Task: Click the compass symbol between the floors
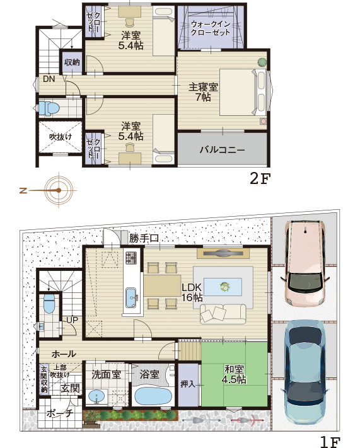pyautogui.click(x=59, y=189)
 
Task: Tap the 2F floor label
pyautogui.click(x=260, y=179)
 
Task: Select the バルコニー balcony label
pyautogui.click(x=222, y=150)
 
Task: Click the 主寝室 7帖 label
pyautogui.click(x=203, y=92)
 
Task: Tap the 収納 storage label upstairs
pyautogui.click(x=72, y=62)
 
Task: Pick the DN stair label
pyautogui.click(x=49, y=79)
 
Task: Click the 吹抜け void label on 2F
pyautogui.click(x=61, y=136)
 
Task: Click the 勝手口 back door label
pyautogui.click(x=144, y=238)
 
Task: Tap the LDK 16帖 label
pyautogui.click(x=191, y=292)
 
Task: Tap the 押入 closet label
pyautogui.click(x=188, y=383)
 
